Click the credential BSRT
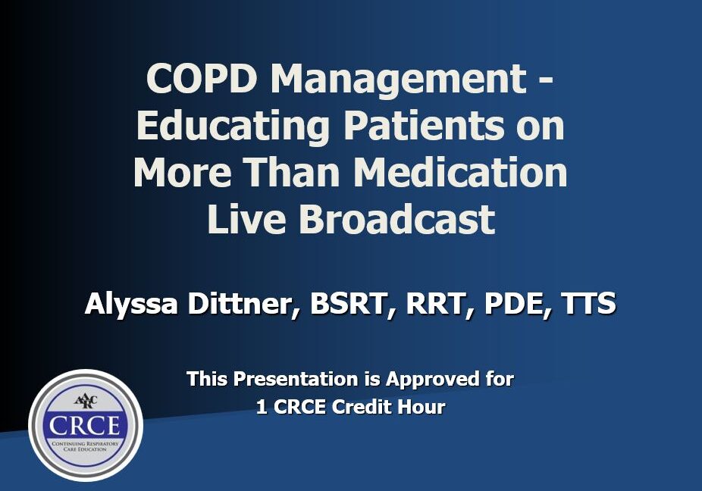click(x=348, y=305)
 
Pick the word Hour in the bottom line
click(x=423, y=407)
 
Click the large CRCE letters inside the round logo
click(x=86, y=424)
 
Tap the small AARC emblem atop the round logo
click(x=86, y=400)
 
